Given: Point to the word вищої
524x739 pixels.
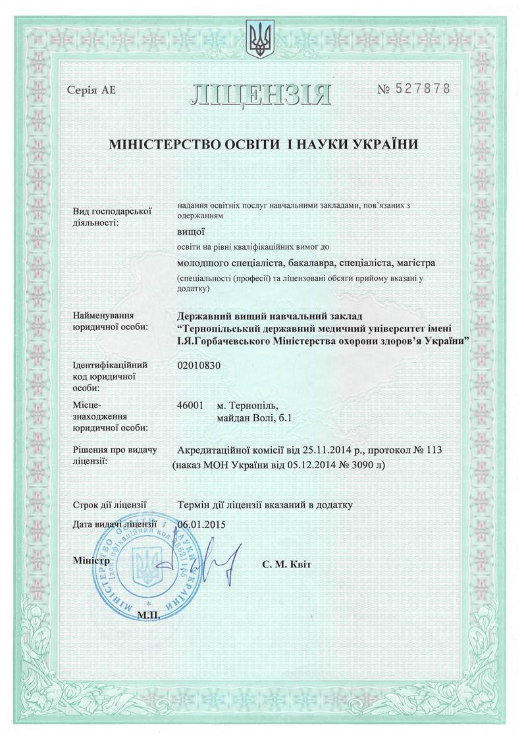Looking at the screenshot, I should click(x=192, y=231).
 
